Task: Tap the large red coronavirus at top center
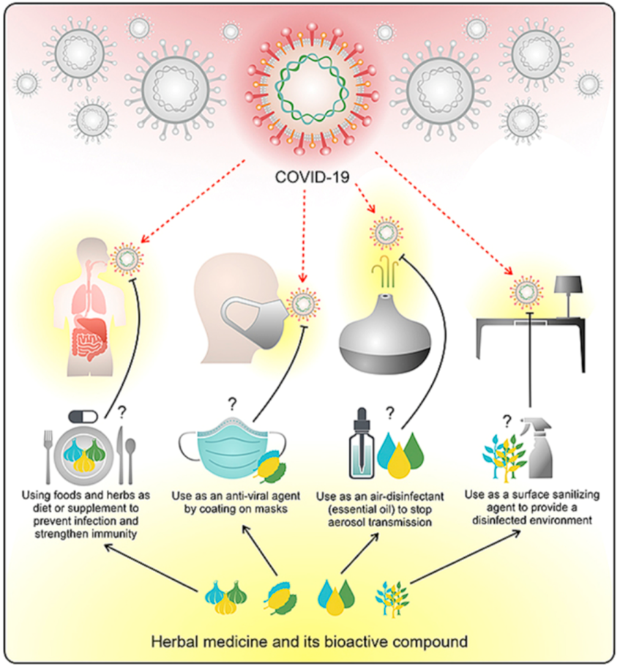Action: point(308,89)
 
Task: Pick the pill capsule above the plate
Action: point(83,415)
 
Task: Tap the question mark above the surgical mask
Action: point(231,403)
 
